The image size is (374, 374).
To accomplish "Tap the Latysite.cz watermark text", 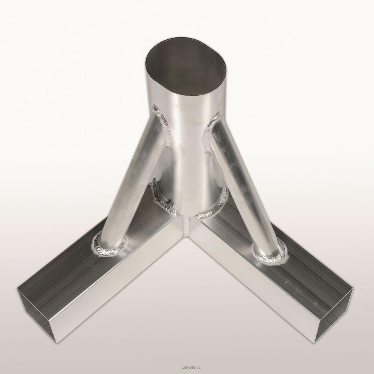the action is point(187,368).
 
